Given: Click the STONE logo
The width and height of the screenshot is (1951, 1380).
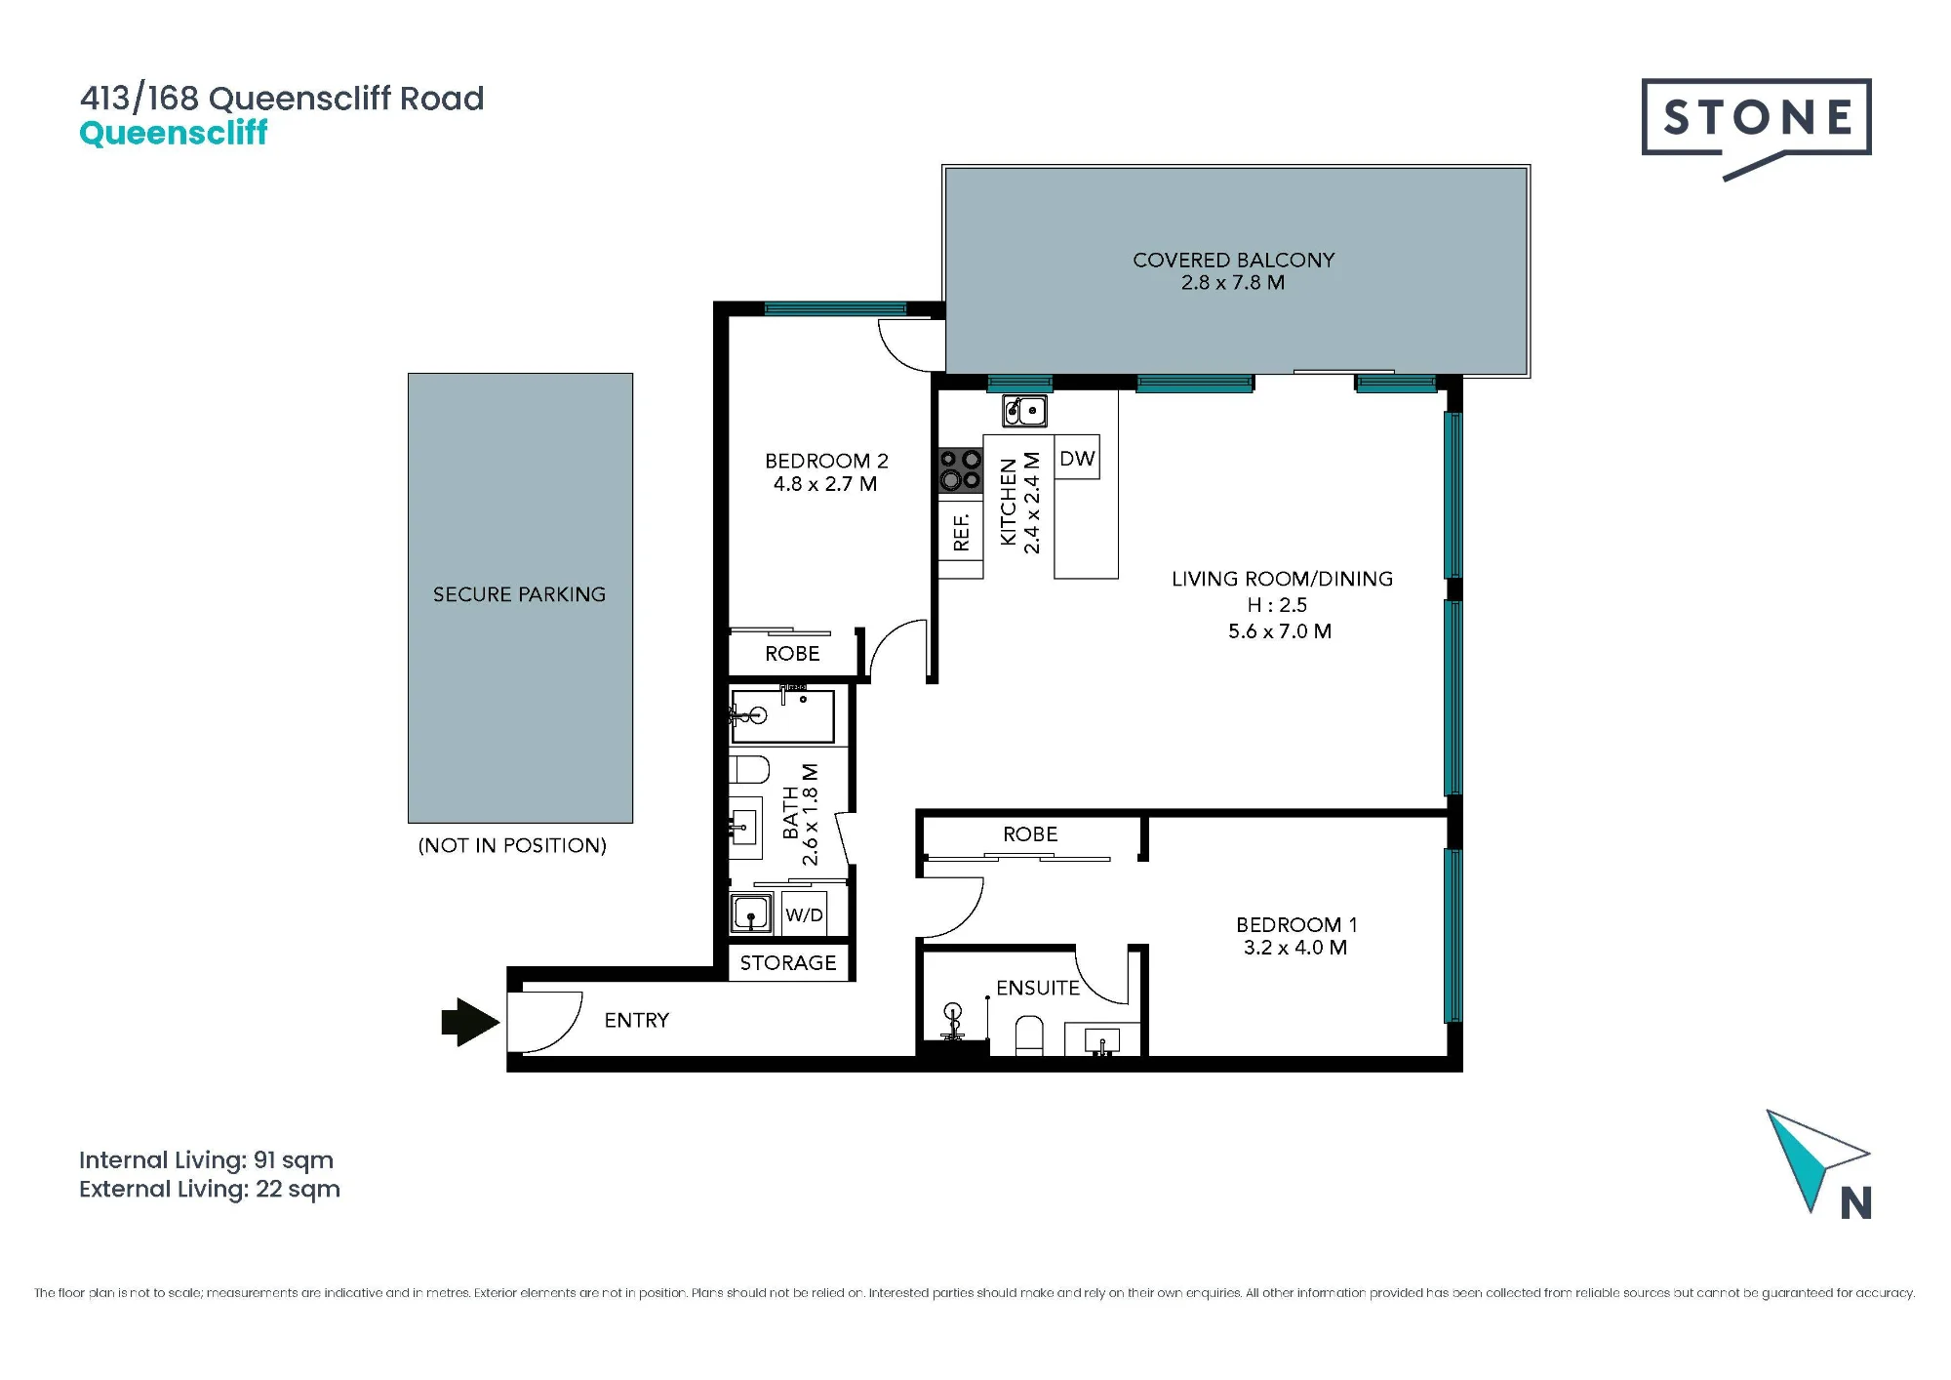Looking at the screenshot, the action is (1756, 121).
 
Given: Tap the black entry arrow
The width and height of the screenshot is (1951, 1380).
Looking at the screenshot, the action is (471, 1022).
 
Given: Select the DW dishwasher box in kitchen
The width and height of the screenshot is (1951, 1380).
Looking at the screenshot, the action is (1077, 458).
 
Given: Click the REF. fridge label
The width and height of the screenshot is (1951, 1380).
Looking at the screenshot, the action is (962, 532).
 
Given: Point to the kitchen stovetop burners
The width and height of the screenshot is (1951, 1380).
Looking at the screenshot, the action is (961, 469).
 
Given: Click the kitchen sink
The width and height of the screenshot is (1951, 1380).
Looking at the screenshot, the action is (1025, 411).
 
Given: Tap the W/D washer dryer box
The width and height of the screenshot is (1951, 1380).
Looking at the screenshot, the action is (805, 914).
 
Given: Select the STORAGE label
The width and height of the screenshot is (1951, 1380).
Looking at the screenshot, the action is (788, 963).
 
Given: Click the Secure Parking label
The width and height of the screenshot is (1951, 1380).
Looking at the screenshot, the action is (519, 594).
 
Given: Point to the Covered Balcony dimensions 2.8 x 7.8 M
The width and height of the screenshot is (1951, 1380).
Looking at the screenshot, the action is (1233, 283).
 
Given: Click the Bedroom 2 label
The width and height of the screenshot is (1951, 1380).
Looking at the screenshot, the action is (826, 461).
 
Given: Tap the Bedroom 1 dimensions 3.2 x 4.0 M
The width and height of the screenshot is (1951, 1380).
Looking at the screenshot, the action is (1295, 948).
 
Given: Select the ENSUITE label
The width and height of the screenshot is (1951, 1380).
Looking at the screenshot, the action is (1038, 988).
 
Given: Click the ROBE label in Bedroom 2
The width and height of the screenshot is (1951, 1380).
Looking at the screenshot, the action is (792, 654).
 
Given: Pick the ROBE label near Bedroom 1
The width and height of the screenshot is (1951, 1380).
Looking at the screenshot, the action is (1030, 834).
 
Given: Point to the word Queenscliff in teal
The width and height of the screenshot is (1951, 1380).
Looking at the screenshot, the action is (173, 133).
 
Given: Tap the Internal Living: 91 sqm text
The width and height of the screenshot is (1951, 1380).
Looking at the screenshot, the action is (206, 1160).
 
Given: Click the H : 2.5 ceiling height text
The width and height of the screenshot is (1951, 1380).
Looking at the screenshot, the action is (1277, 605).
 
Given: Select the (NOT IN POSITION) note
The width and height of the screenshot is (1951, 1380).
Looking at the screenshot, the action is (512, 845).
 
